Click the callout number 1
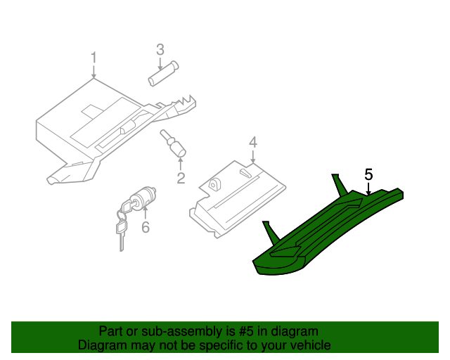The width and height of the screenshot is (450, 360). (x=93, y=57)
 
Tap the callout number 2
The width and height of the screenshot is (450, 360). (x=181, y=178)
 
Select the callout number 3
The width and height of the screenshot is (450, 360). (x=160, y=49)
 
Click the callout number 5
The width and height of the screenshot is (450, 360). (x=368, y=174)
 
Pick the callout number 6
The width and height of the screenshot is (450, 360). (x=146, y=227)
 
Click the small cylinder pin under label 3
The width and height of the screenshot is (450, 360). (x=163, y=74)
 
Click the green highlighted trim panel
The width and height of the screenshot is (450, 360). (x=323, y=232)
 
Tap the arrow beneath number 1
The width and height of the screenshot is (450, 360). (x=93, y=70)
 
